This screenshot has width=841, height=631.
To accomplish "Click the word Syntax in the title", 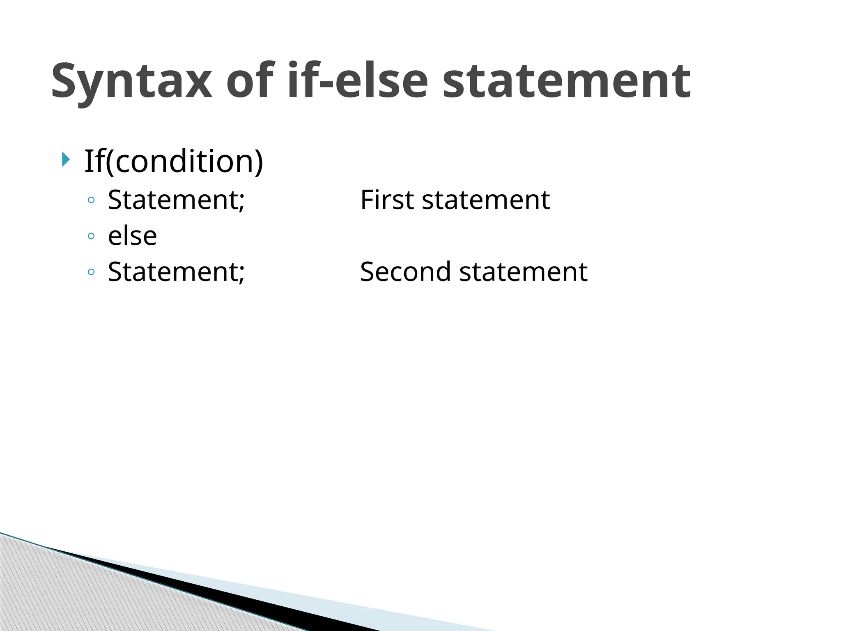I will tap(131, 81).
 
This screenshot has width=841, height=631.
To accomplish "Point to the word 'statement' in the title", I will tap(567, 81).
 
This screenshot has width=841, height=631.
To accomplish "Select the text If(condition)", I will tap(173, 161).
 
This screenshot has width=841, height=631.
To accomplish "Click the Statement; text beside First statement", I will tap(176, 200).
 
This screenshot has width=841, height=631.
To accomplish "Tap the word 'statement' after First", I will tap(486, 200).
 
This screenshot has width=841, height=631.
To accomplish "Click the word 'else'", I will tap(132, 236).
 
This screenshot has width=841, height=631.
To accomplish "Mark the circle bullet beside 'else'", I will tap(91, 236).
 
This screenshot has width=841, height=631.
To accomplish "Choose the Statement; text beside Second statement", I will tap(176, 272).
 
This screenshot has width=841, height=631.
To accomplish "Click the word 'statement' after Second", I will tap(523, 272).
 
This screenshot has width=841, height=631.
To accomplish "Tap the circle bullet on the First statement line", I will tap(91, 200).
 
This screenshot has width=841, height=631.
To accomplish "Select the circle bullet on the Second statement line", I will tap(91, 272).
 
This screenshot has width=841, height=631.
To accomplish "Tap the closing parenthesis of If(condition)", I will tap(259, 161).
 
